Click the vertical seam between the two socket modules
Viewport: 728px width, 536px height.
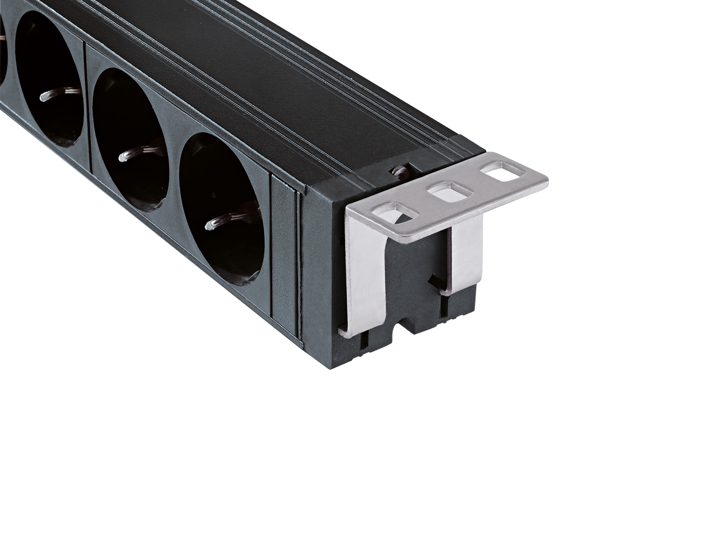point(88,107)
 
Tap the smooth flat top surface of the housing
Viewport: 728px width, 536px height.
point(292,81)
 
